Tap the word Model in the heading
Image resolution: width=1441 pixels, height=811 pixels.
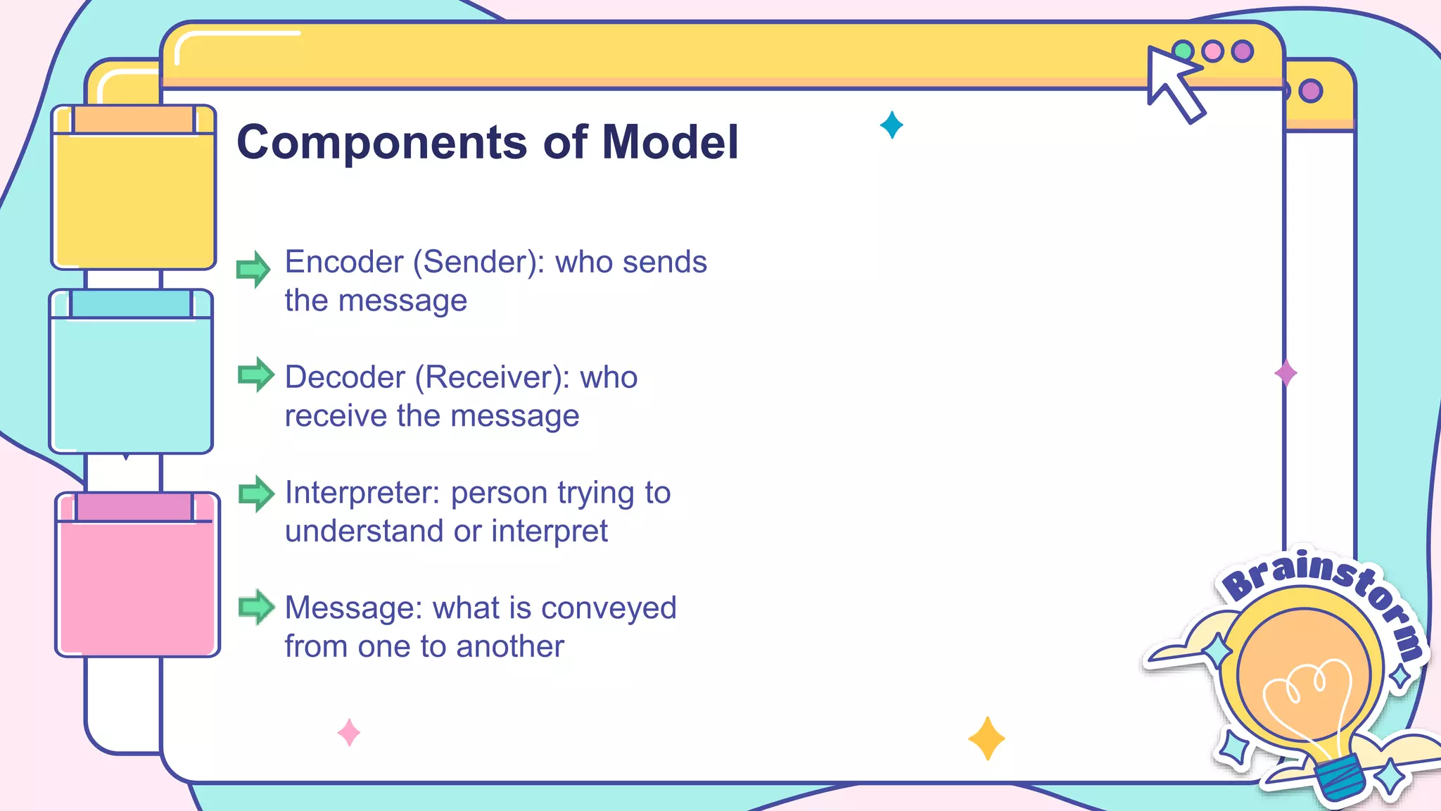point(670,143)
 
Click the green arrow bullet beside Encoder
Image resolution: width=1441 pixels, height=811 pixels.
point(253,269)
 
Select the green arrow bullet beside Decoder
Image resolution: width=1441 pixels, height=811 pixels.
point(255,375)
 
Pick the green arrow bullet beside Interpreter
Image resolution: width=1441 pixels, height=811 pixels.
point(255,493)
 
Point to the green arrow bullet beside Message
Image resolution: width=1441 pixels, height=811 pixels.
point(255,607)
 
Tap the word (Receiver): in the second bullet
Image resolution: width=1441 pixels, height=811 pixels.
point(493,377)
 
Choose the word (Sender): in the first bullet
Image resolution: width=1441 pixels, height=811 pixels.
point(478,262)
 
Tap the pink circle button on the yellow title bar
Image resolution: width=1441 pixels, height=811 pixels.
point(1212,51)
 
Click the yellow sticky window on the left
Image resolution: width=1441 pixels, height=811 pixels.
point(134,197)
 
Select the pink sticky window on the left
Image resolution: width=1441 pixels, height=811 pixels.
point(137,584)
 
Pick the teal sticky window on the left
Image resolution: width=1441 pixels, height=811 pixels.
point(132,380)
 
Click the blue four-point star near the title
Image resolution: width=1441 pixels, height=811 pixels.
point(891,125)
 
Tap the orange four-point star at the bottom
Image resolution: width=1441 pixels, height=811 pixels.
point(986,738)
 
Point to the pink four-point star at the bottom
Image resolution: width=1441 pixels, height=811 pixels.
point(349,733)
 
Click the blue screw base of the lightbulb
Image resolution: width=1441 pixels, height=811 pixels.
point(1340,779)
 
